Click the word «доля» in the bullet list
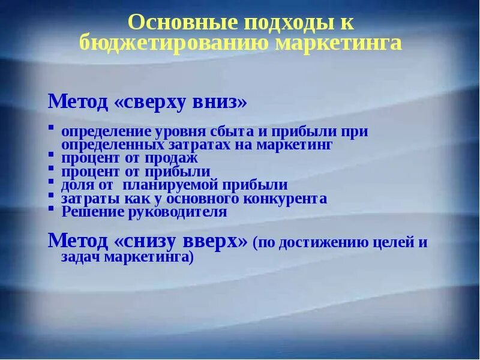[x=77, y=185]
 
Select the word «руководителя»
[x=175, y=212]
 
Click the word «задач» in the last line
[x=81, y=257]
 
